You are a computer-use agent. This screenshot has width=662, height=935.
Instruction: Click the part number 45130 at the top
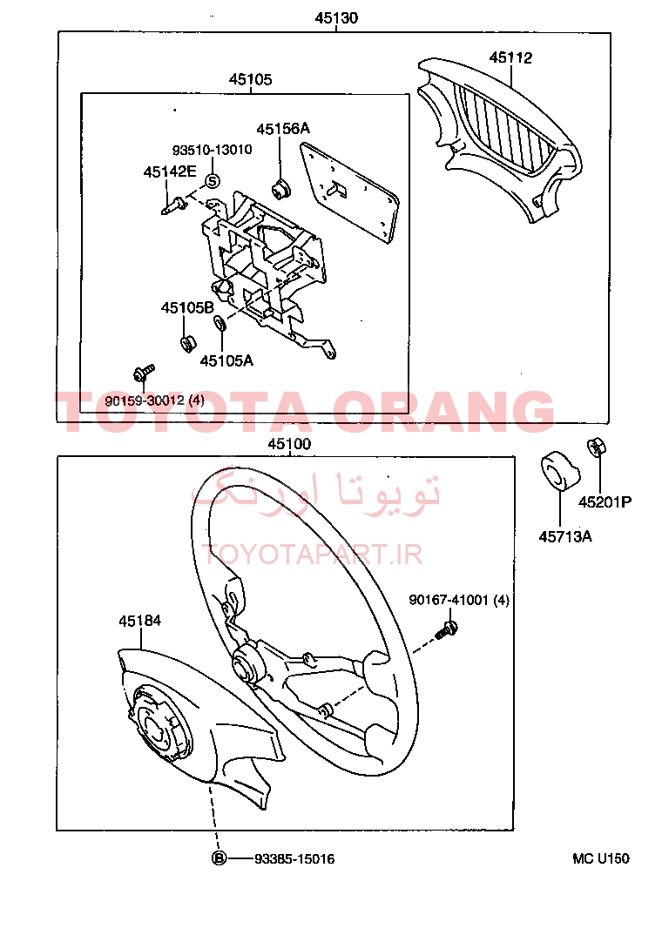(336, 18)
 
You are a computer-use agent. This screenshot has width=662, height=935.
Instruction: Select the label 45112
(510, 57)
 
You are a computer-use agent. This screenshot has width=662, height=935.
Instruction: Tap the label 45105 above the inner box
(251, 79)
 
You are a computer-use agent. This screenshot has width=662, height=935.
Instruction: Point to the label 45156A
(283, 128)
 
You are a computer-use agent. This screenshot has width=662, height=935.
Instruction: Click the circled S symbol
(213, 181)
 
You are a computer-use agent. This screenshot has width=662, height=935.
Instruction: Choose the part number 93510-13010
(213, 150)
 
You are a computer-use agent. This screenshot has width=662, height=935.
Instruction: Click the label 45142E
(170, 172)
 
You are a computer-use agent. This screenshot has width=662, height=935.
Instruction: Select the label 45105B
(187, 307)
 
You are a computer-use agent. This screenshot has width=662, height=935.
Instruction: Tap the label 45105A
(226, 360)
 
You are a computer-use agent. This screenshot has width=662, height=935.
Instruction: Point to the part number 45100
(289, 444)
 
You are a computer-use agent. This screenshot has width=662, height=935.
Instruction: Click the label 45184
(139, 621)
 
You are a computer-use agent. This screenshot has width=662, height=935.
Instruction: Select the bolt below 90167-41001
(447, 629)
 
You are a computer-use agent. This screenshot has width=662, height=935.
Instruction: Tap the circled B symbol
(220, 858)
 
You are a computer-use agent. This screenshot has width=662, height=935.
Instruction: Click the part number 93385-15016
(294, 858)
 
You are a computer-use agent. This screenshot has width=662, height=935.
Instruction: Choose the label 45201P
(605, 502)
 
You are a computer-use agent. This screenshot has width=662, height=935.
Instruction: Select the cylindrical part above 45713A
(560, 471)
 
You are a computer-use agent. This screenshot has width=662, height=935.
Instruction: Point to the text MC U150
(600, 858)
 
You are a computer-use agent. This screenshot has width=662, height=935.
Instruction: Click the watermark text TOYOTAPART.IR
(313, 555)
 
